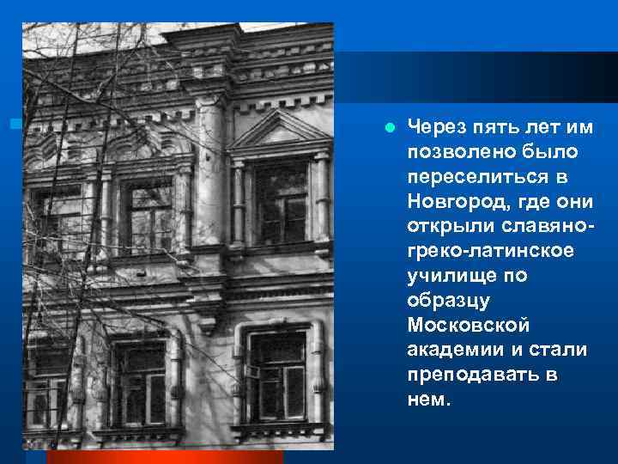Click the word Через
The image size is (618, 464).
coord(435,128)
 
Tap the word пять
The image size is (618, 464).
coord(495,128)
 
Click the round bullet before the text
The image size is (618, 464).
coord(390,129)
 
